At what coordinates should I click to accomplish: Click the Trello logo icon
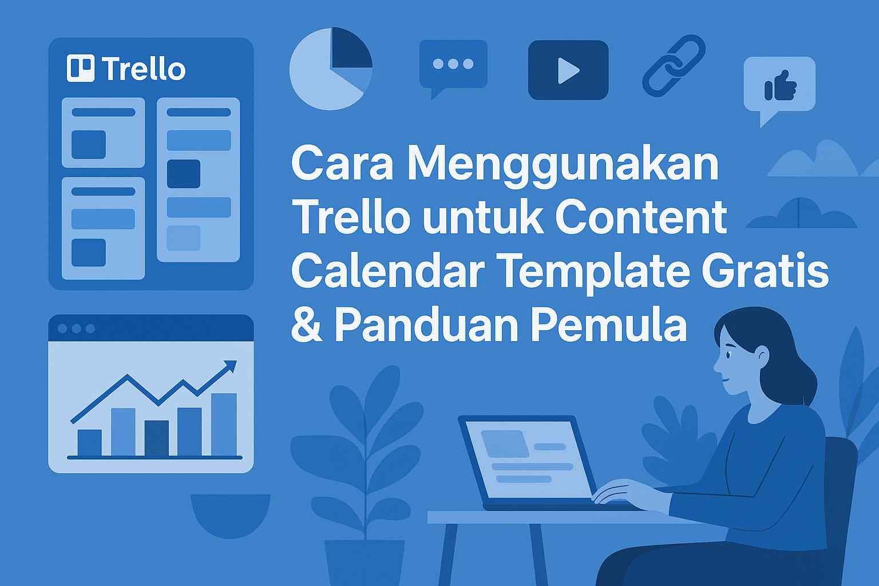[x=81, y=68]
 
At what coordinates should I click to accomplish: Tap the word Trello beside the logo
[x=144, y=69]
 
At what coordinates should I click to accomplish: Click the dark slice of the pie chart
[x=351, y=47]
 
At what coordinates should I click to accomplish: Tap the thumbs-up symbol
[x=780, y=86]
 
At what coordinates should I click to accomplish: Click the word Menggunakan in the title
[x=563, y=165]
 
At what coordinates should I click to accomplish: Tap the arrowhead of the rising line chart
[x=230, y=366]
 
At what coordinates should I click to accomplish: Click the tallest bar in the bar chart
[x=224, y=425]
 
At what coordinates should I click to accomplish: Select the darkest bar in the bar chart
[x=157, y=438]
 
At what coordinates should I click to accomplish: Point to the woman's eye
[x=728, y=355]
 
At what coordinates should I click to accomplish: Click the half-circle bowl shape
[x=231, y=516]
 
